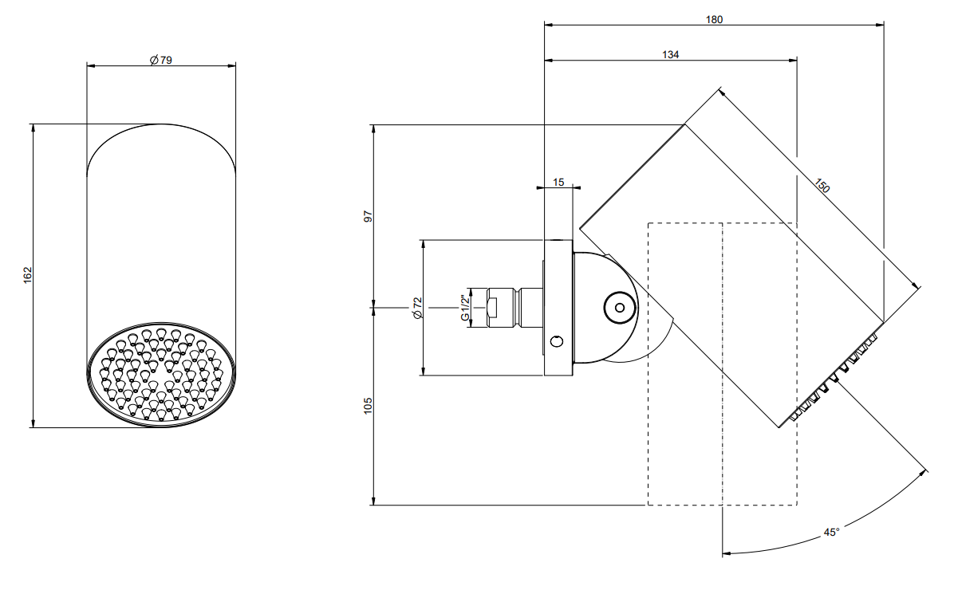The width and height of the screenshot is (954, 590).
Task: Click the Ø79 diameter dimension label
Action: [x=160, y=60]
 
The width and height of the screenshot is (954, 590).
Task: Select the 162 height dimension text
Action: [x=27, y=275]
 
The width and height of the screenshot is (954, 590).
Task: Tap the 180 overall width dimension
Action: [x=714, y=19]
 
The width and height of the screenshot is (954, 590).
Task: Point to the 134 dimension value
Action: [x=670, y=55]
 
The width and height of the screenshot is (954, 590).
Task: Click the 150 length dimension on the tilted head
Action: [x=822, y=186]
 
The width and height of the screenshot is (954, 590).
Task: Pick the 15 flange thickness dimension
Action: [x=558, y=182]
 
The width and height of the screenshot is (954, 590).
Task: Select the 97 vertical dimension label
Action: [x=368, y=216]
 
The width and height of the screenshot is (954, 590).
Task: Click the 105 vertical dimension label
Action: [x=368, y=406]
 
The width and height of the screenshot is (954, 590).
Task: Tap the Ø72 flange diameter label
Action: [x=416, y=309]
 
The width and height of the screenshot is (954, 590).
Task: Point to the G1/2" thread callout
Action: [x=465, y=308]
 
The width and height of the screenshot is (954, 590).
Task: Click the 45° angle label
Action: [x=831, y=533]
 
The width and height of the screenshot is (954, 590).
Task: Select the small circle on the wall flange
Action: [x=557, y=341]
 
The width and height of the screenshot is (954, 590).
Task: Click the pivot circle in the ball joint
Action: [x=619, y=306]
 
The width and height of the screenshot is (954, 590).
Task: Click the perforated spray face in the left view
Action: [x=162, y=374]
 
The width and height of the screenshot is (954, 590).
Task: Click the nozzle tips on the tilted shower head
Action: [x=834, y=377]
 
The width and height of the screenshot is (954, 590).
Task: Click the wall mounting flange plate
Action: [x=558, y=308]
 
